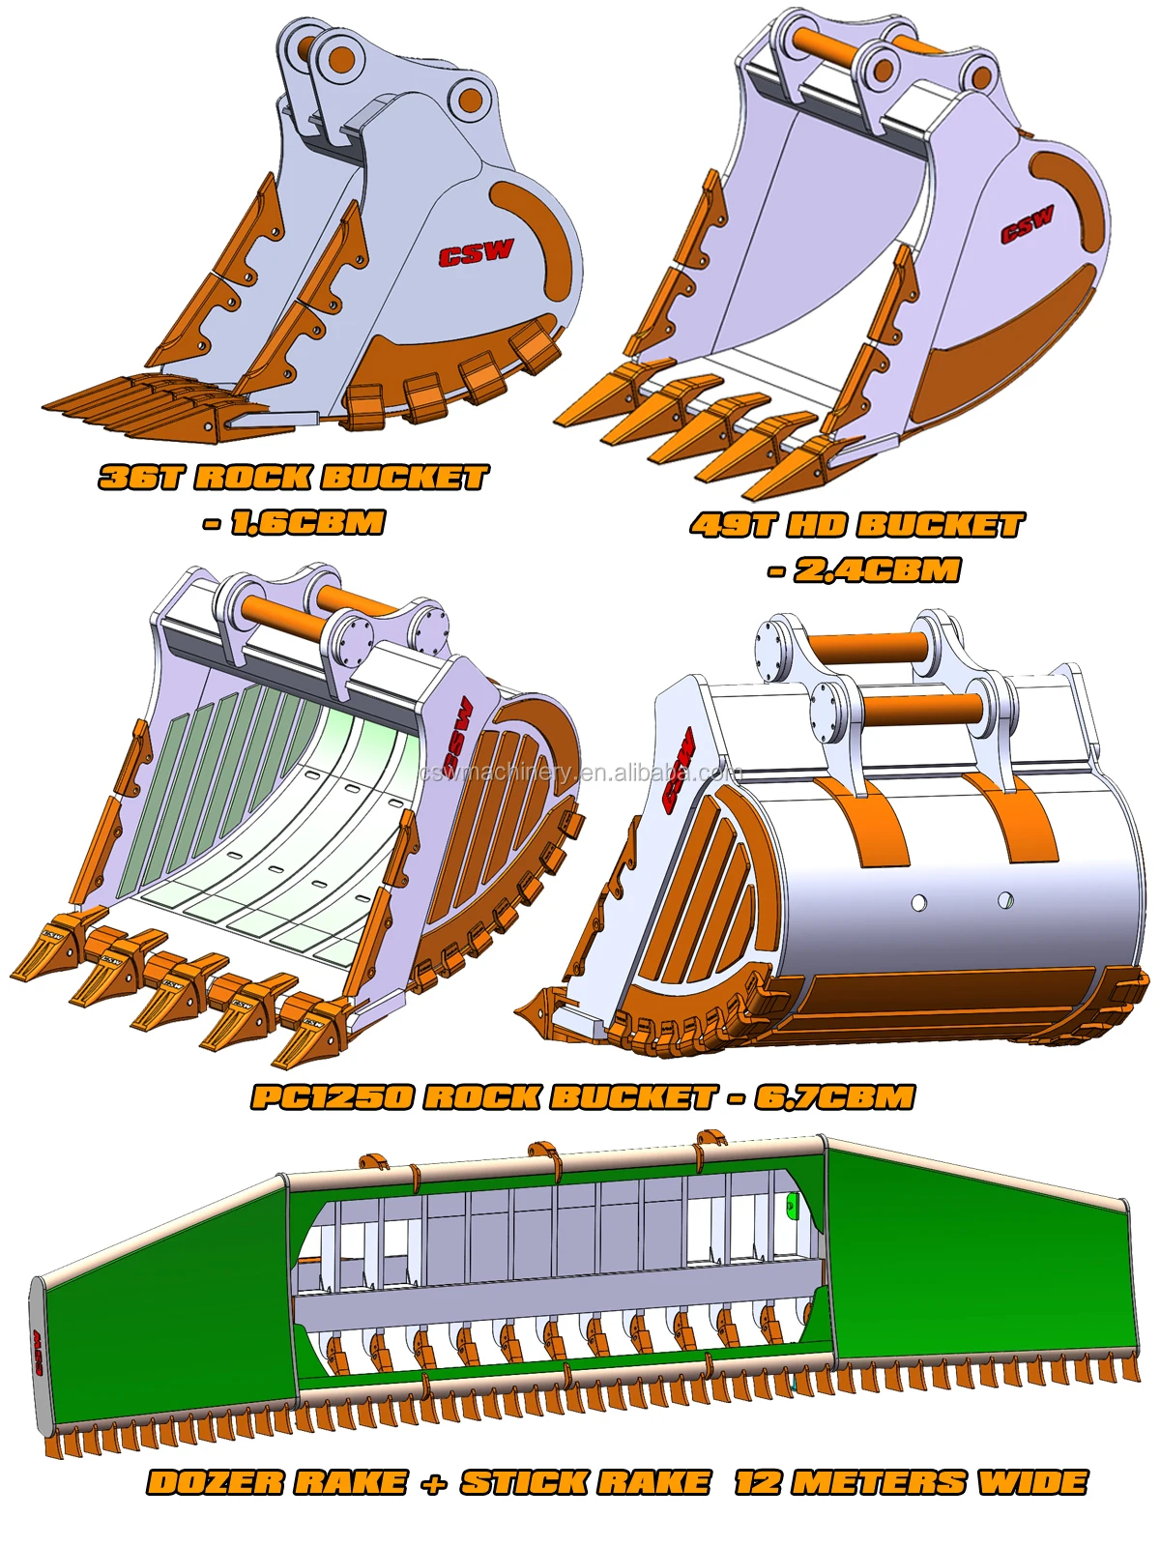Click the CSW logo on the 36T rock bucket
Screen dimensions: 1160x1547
point(476,253)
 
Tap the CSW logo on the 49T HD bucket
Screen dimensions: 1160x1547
point(1027,225)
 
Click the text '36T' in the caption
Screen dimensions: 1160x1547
point(141,478)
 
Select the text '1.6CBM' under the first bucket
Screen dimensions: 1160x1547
point(307,523)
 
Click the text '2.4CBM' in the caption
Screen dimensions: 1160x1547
point(877,570)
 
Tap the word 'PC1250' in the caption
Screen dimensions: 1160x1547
point(332,1097)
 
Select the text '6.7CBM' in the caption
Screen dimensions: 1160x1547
point(834,1097)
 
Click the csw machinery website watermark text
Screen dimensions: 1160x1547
point(580,773)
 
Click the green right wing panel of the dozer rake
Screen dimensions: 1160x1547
point(976,1257)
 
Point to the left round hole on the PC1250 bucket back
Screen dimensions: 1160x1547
point(918,903)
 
